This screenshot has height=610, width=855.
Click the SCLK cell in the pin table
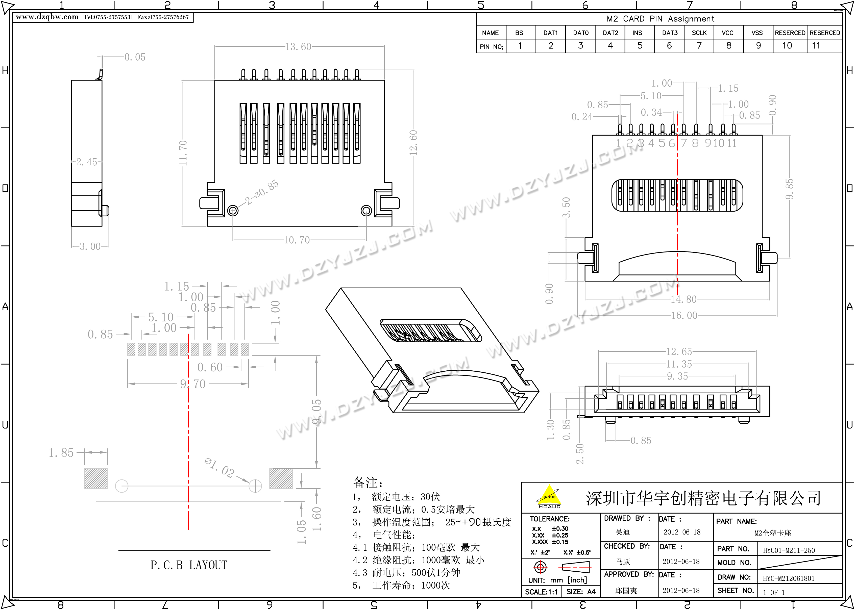699,33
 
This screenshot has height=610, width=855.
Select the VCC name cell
728,33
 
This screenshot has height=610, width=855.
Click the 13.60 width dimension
298,47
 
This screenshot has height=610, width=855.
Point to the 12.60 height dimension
413,143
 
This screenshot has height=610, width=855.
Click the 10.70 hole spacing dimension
297,240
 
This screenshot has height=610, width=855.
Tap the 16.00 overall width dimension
684,316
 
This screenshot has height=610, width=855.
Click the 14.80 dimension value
684,299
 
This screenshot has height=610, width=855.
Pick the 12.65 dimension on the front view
679,351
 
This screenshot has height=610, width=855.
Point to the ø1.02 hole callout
220,468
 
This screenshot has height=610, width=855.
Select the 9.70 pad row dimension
193,384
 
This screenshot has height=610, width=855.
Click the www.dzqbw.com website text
47,17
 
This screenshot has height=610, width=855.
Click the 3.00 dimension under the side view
90,246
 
